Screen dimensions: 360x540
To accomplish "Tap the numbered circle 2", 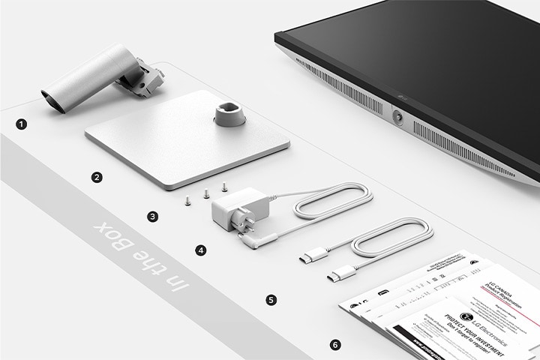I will pyautogui.click(x=96, y=178).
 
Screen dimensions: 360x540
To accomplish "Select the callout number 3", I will pyautogui.click(x=153, y=216).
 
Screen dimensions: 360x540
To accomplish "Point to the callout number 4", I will pyautogui.click(x=200, y=250).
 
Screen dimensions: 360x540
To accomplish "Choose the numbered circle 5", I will pyautogui.click(x=271, y=299).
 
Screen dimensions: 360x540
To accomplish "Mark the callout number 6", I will pyautogui.click(x=335, y=345).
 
